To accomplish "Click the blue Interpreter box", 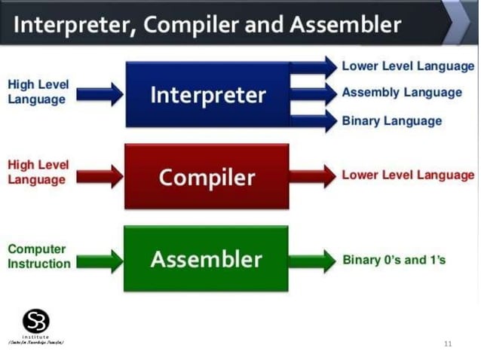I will point(207,94).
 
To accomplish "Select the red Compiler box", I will point(207,177).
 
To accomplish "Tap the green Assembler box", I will point(206,259).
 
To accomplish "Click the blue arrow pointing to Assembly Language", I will point(313,93).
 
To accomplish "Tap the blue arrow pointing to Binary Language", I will point(313,121).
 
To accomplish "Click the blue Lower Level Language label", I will point(408,66).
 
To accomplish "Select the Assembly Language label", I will point(401,93).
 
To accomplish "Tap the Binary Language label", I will point(391,121).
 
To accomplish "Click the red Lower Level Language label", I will point(408,175).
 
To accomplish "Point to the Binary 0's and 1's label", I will point(394,260).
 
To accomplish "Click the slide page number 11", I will point(448,343).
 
